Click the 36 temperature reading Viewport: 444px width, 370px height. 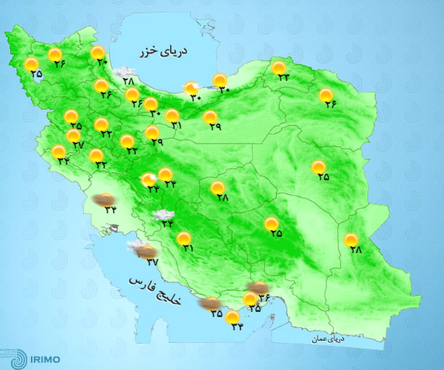pyautogui.click(x=264, y=296)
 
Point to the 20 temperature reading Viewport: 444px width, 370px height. pyautogui.click(x=102, y=62)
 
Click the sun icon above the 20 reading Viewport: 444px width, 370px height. pyautogui.click(x=98, y=53)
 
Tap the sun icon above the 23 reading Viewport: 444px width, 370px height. pyautogui.click(x=279, y=68)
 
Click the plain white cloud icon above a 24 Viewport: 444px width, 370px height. pyautogui.click(x=164, y=214)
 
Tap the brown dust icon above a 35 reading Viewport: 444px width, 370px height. pyautogui.click(x=209, y=303)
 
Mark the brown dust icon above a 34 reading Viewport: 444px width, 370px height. pyautogui.click(x=104, y=200)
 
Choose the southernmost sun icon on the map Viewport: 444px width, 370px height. pyautogui.click(x=232, y=317)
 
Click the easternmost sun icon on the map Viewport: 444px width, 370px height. pyautogui.click(x=351, y=240)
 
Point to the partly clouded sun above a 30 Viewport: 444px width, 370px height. pyautogui.click(x=191, y=88)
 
